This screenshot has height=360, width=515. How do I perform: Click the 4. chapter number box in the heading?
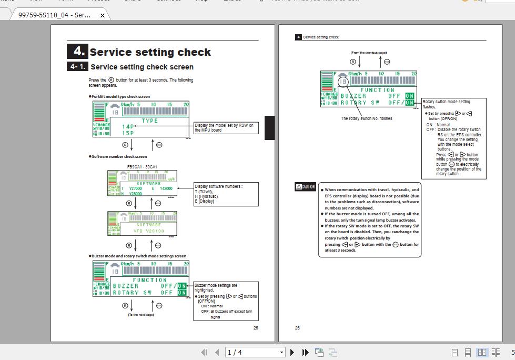[x=77, y=51]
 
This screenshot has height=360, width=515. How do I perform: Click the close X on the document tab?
[x=103, y=15]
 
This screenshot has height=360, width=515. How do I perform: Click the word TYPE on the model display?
[x=149, y=121]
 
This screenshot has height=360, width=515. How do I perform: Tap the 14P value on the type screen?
[x=128, y=126]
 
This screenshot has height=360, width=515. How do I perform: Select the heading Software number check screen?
[x=119, y=156]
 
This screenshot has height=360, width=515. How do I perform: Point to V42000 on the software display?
[x=166, y=188]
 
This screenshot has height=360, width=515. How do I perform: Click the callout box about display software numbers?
[x=226, y=194]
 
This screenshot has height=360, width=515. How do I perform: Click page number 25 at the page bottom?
[x=256, y=328]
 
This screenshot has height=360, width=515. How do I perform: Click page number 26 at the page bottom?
[x=297, y=328]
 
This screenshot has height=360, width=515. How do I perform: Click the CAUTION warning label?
[x=305, y=186]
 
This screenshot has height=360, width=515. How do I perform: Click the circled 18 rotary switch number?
[x=343, y=82]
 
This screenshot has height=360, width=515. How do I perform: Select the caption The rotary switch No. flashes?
[x=366, y=118]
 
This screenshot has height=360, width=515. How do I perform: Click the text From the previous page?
[x=368, y=53]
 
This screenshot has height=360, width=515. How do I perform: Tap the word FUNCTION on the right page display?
[x=377, y=90]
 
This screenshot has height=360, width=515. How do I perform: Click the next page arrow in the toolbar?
[x=292, y=352]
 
